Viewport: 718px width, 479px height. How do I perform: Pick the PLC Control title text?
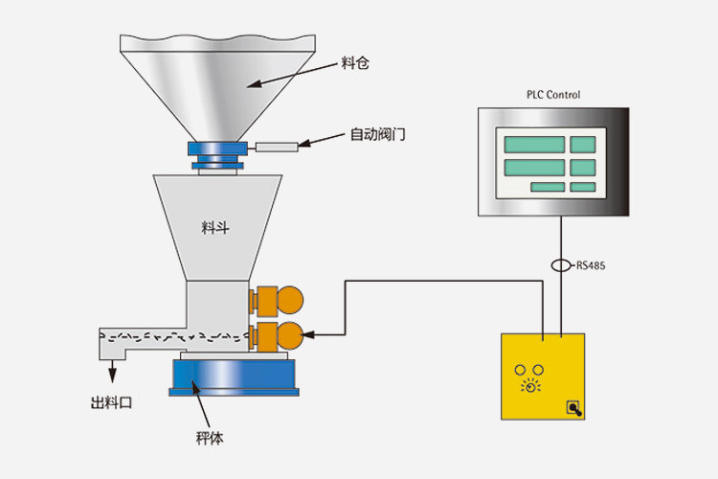(553, 95)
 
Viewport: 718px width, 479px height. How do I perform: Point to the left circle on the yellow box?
(522, 369)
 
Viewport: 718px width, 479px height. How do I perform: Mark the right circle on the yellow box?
(539, 369)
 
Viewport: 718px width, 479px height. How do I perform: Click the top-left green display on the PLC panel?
(533, 145)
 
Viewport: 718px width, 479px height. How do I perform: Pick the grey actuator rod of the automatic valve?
(277, 148)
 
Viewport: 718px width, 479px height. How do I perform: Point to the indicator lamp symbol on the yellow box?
(529, 388)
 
